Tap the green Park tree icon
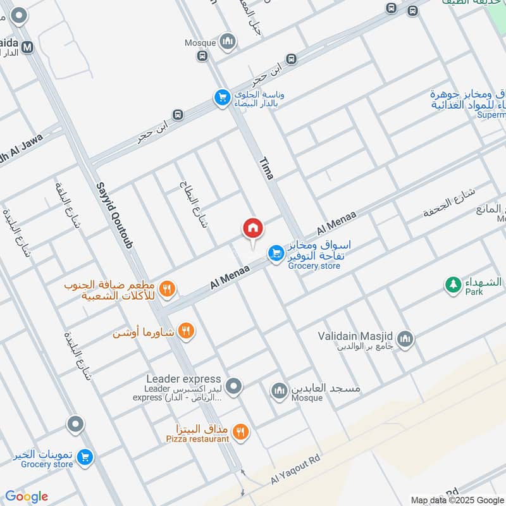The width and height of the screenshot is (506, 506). click(453, 285)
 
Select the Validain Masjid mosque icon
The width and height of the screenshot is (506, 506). click(405, 339)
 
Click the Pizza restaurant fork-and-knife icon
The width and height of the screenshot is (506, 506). click(240, 432)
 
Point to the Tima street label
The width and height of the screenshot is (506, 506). click(266, 169)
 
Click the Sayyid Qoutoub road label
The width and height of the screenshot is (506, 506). click(114, 215)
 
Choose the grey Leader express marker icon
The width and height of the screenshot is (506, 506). click(234, 385)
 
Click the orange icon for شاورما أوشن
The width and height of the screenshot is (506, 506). click(186, 330)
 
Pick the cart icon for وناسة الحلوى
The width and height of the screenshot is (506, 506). click(221, 97)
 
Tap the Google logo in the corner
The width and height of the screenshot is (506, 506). click(27, 497)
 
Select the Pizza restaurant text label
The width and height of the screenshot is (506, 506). click(197, 439)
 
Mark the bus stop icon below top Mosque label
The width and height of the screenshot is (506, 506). click(202, 56)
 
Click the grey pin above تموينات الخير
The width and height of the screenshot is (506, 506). click(75, 424)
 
